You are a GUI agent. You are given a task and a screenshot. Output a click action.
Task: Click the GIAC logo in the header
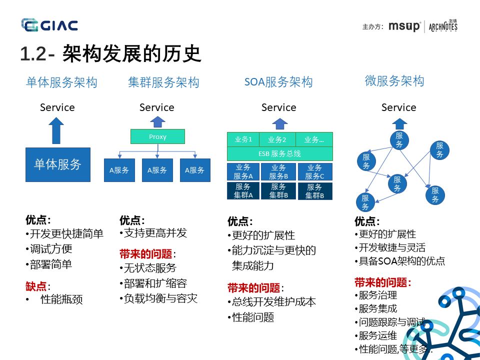[x=49, y=25]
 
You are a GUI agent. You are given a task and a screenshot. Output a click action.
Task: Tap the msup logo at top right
[x=404, y=26]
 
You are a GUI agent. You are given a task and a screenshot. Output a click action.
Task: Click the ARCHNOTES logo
[x=443, y=26]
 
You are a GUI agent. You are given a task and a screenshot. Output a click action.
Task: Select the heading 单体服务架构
[x=61, y=82]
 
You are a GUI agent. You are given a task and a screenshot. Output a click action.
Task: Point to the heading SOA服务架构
[x=278, y=82]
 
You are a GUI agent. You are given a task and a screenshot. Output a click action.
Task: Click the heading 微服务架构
[x=394, y=81]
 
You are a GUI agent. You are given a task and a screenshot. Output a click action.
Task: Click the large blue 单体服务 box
[x=58, y=164]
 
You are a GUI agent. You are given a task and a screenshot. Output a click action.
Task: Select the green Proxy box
[x=157, y=136]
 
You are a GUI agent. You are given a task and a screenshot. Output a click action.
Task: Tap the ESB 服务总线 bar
[x=279, y=154]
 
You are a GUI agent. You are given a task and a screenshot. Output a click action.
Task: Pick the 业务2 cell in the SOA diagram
[x=277, y=139]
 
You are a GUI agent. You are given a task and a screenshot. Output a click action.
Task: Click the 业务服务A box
[x=243, y=171]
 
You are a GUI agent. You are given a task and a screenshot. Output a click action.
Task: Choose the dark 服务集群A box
[x=243, y=191]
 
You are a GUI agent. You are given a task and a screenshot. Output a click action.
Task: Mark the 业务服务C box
[x=315, y=171]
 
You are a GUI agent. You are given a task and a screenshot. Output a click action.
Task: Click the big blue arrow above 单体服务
[x=57, y=131]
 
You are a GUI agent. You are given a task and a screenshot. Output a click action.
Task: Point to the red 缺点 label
[x=36, y=286]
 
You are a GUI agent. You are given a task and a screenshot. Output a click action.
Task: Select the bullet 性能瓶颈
[x=61, y=299]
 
